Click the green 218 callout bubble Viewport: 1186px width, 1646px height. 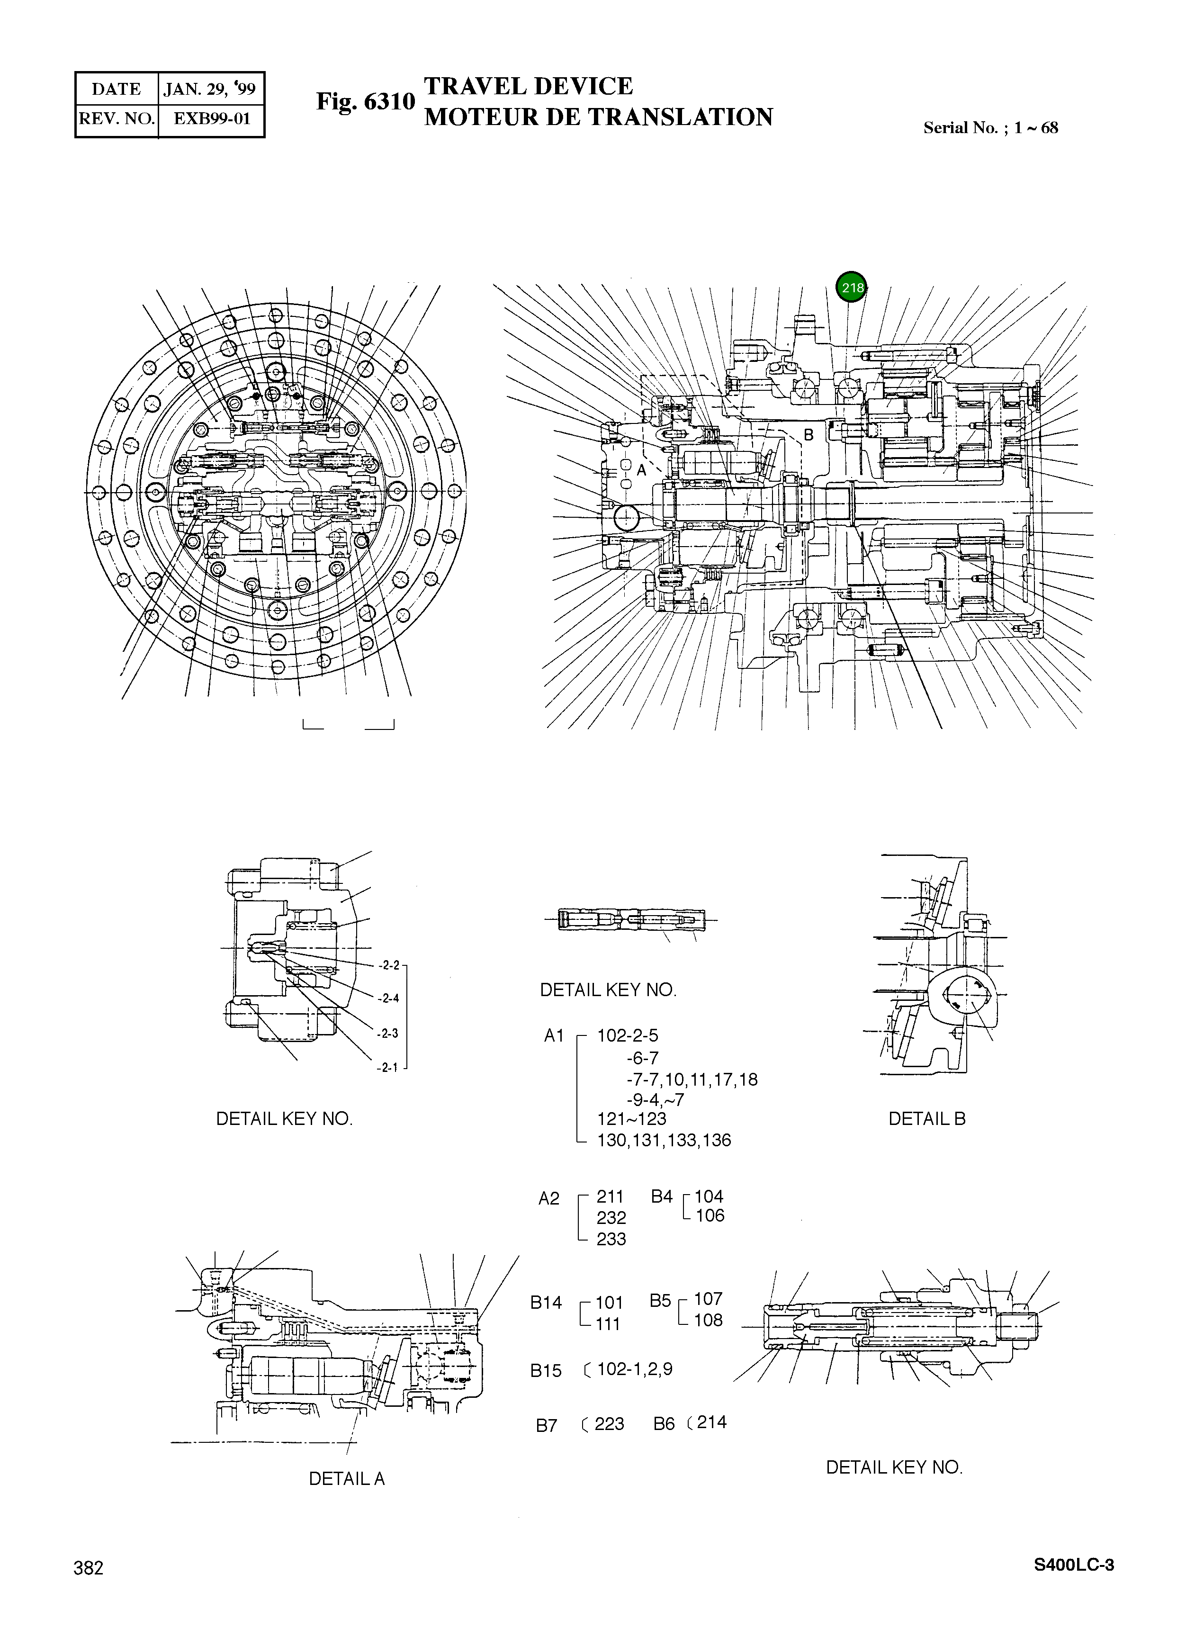(x=852, y=288)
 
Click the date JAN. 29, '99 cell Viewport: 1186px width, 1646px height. (x=210, y=89)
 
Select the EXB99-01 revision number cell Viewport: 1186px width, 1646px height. (x=211, y=118)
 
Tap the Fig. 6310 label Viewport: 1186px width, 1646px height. (x=365, y=102)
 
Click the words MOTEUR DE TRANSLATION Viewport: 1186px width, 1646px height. (x=598, y=117)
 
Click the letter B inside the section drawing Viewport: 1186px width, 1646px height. (x=809, y=435)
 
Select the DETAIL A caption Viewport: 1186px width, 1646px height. (x=346, y=1478)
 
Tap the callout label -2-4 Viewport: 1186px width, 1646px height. (x=388, y=998)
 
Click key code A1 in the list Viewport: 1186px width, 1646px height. (x=554, y=1035)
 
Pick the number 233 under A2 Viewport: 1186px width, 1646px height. (x=611, y=1239)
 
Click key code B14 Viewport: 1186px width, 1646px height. (x=546, y=1303)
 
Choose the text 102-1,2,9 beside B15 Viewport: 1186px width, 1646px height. (x=634, y=1369)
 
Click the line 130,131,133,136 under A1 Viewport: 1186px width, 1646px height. (x=664, y=1140)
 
